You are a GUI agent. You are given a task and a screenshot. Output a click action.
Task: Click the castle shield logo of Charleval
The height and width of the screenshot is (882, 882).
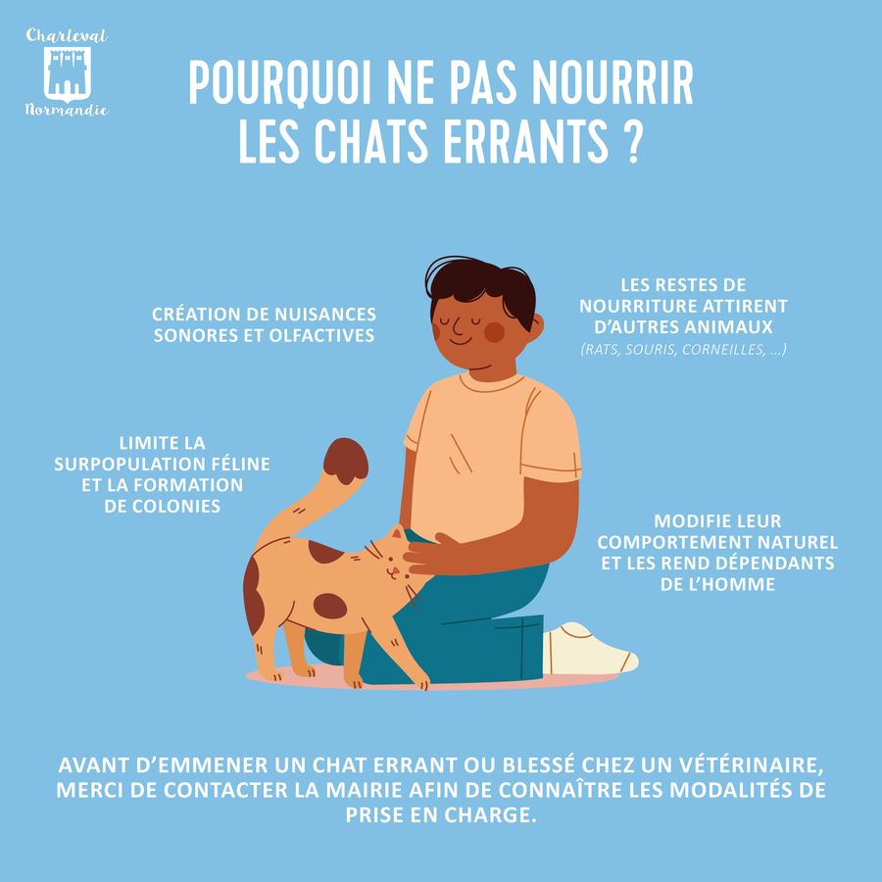click(x=67, y=73)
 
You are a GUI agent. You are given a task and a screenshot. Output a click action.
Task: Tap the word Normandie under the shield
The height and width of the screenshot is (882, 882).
click(x=67, y=109)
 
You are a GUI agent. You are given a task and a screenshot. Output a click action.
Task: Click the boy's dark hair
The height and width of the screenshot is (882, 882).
click(x=481, y=286)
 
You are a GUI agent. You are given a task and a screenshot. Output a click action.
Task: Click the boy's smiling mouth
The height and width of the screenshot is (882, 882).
click(x=461, y=341)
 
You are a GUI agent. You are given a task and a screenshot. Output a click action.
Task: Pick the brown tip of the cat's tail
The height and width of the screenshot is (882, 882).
click(x=345, y=461)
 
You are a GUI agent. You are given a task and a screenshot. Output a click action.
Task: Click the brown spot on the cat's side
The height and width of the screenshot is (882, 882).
click(x=330, y=606)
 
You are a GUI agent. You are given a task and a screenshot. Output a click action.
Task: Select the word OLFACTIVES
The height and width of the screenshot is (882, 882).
click(x=321, y=336)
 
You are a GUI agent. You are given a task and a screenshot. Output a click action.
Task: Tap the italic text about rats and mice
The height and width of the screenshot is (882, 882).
click(x=683, y=349)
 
